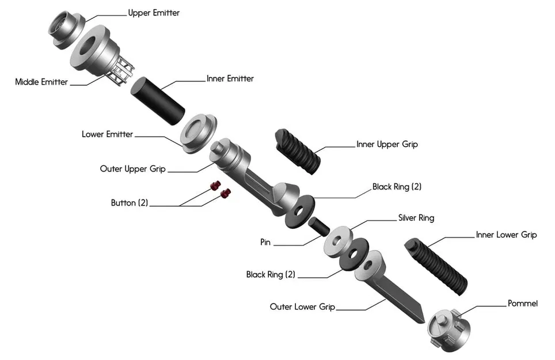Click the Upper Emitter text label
click(153, 13)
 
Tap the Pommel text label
click(522, 303)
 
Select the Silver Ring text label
click(416, 218)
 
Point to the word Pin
click(265, 242)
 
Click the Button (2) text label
click(130, 203)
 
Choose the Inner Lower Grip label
click(506, 234)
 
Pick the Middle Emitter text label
click(41, 82)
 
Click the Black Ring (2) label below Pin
click(271, 275)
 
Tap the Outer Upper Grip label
click(133, 169)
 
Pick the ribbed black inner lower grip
click(437, 265)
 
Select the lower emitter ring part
click(198, 132)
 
